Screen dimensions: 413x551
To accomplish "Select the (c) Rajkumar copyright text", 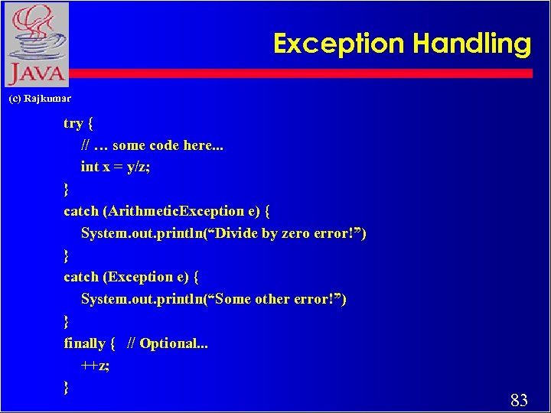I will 40,99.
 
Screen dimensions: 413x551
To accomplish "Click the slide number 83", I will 519,399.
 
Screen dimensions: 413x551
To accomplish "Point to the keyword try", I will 73,123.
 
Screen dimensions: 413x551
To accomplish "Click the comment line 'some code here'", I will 152,145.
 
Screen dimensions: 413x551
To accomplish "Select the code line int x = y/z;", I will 116,167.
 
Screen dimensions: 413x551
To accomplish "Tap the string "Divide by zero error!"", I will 284,233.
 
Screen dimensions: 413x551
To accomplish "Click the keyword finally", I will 84,343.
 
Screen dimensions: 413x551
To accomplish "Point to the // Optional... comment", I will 168,343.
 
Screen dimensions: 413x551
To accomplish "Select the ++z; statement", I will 95,366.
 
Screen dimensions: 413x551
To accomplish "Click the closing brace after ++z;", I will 67,388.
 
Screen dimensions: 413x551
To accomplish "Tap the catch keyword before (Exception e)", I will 80,277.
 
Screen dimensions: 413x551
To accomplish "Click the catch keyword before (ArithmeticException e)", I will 80,211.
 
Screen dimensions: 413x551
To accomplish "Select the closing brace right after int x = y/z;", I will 67,189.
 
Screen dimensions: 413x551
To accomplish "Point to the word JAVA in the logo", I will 35,75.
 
